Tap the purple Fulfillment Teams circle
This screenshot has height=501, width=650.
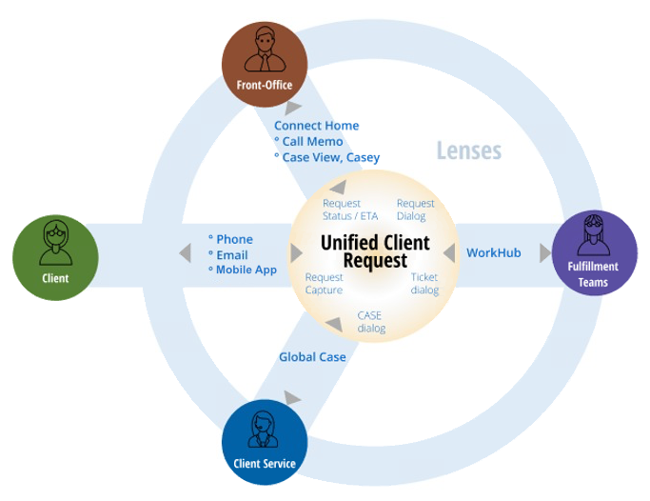[594, 254]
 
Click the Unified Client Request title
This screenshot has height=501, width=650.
[375, 251]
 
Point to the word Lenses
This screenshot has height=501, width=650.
[468, 150]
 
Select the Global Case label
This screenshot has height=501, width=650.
[312, 357]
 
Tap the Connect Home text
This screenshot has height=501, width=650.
[316, 126]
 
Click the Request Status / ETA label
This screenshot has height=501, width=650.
[350, 210]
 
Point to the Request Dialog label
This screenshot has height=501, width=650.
[415, 210]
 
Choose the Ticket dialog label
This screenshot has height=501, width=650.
[424, 283]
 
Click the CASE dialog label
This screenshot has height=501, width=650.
[371, 321]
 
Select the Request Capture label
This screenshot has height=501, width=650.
[324, 283]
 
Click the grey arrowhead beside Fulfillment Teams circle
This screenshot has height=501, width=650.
[545, 253]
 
